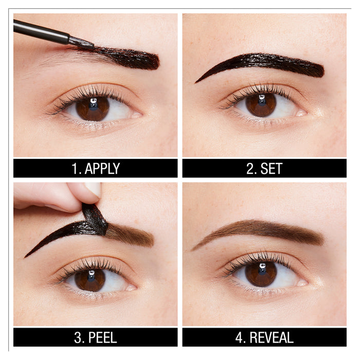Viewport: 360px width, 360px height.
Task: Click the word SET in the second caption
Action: [x=271, y=168]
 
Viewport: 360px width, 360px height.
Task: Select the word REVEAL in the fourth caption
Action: [x=271, y=337]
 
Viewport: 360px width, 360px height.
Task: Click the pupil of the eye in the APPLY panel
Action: [x=93, y=107]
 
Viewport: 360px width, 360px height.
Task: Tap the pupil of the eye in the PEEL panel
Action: [x=91, y=279]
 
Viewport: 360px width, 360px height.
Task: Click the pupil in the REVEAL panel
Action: [x=261, y=273]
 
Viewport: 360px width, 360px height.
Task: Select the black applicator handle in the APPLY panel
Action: [x=41, y=31]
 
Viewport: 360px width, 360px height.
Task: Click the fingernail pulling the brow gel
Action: [x=93, y=189]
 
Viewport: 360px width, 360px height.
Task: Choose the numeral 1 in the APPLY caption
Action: [x=74, y=168]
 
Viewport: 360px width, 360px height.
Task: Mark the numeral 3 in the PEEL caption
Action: [x=75, y=337]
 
